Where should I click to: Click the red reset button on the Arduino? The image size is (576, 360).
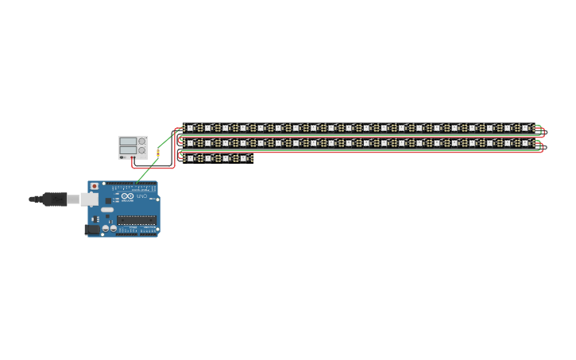coord(95,186)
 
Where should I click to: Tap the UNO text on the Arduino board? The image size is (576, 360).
coord(143,197)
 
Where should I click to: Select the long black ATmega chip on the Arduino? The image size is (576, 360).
coord(137,220)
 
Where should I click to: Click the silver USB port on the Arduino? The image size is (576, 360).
coord(88,199)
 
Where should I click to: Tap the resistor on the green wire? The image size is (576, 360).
coord(158,152)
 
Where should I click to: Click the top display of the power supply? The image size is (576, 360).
coord(128,141)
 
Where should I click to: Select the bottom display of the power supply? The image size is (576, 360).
coord(128,150)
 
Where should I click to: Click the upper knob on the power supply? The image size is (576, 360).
coord(142,141)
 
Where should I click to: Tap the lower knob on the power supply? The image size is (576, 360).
coord(142,150)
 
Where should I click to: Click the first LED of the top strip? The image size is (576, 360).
coord(191,128)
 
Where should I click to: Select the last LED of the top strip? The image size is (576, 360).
coord(525,128)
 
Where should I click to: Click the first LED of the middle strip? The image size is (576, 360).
coord(191,143)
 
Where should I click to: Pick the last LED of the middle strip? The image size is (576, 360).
coord(525,143)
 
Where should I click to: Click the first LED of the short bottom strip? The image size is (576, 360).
coord(191,159)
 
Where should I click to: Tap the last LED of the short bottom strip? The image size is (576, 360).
coord(243,159)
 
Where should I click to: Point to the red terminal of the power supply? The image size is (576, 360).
coord(133,157)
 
